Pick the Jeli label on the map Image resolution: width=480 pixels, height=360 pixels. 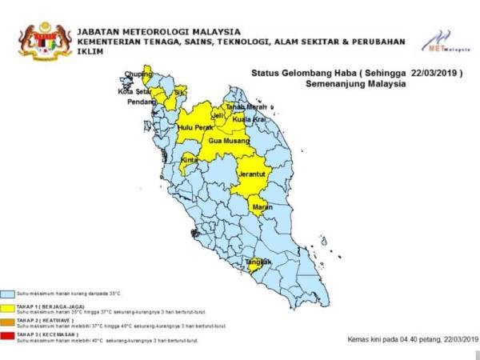click(x=218, y=117)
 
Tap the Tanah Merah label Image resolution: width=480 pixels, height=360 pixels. click(x=246, y=107)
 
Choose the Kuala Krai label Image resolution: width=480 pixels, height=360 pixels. click(x=249, y=118)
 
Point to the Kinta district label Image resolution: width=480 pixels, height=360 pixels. click(x=190, y=160)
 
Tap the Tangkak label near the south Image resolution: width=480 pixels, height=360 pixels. click(x=258, y=262)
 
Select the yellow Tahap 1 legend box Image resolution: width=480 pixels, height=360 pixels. click(x=8, y=306)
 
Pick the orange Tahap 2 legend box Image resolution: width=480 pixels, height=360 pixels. click(x=8, y=322)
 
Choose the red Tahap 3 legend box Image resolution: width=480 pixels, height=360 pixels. click(x=8, y=335)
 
